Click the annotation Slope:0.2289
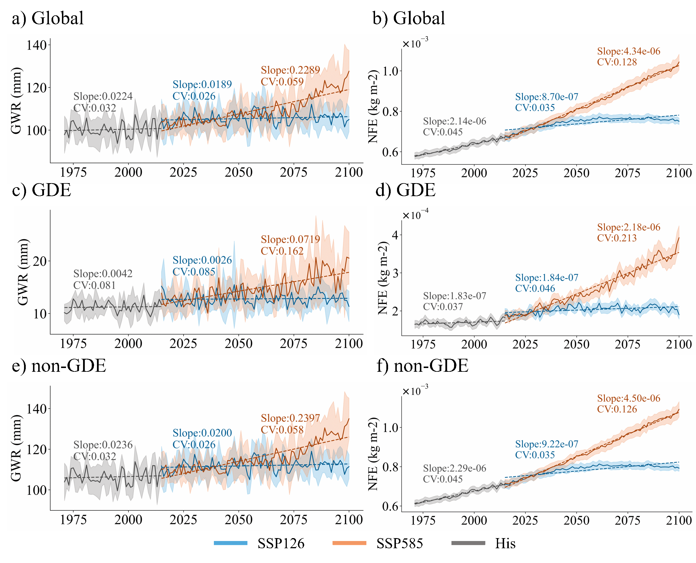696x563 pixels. point(290,70)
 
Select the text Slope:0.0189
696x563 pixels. point(202,84)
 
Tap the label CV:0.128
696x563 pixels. point(617,62)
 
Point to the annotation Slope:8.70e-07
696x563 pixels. point(546,97)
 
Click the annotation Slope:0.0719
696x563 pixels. point(290,239)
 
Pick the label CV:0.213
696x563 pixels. point(617,238)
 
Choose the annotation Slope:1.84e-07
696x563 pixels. point(546,278)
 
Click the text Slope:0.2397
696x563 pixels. point(290,418)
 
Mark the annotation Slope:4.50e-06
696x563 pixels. point(629,398)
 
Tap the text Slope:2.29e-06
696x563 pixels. point(454,468)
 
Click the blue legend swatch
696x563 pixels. point(231,543)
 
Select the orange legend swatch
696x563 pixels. point(349,543)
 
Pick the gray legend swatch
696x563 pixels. point(468,543)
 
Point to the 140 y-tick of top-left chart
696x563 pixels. point(37,45)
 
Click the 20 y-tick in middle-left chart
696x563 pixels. point(40,261)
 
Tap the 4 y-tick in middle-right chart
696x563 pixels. point(395,235)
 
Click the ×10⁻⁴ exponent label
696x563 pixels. point(415,215)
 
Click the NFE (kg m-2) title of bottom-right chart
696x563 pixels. point(373,454)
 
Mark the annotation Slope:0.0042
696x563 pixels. point(103,273)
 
